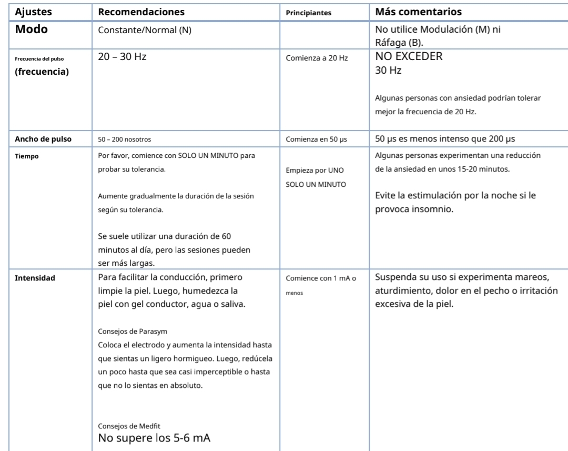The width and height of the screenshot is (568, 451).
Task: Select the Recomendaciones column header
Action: coord(141,11)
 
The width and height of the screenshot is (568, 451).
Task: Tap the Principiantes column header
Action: coord(308,13)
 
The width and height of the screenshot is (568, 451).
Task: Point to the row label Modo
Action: coord(32,29)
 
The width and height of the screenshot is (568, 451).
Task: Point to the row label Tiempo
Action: coord(26,156)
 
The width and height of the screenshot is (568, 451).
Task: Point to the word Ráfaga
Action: coord(389,43)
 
